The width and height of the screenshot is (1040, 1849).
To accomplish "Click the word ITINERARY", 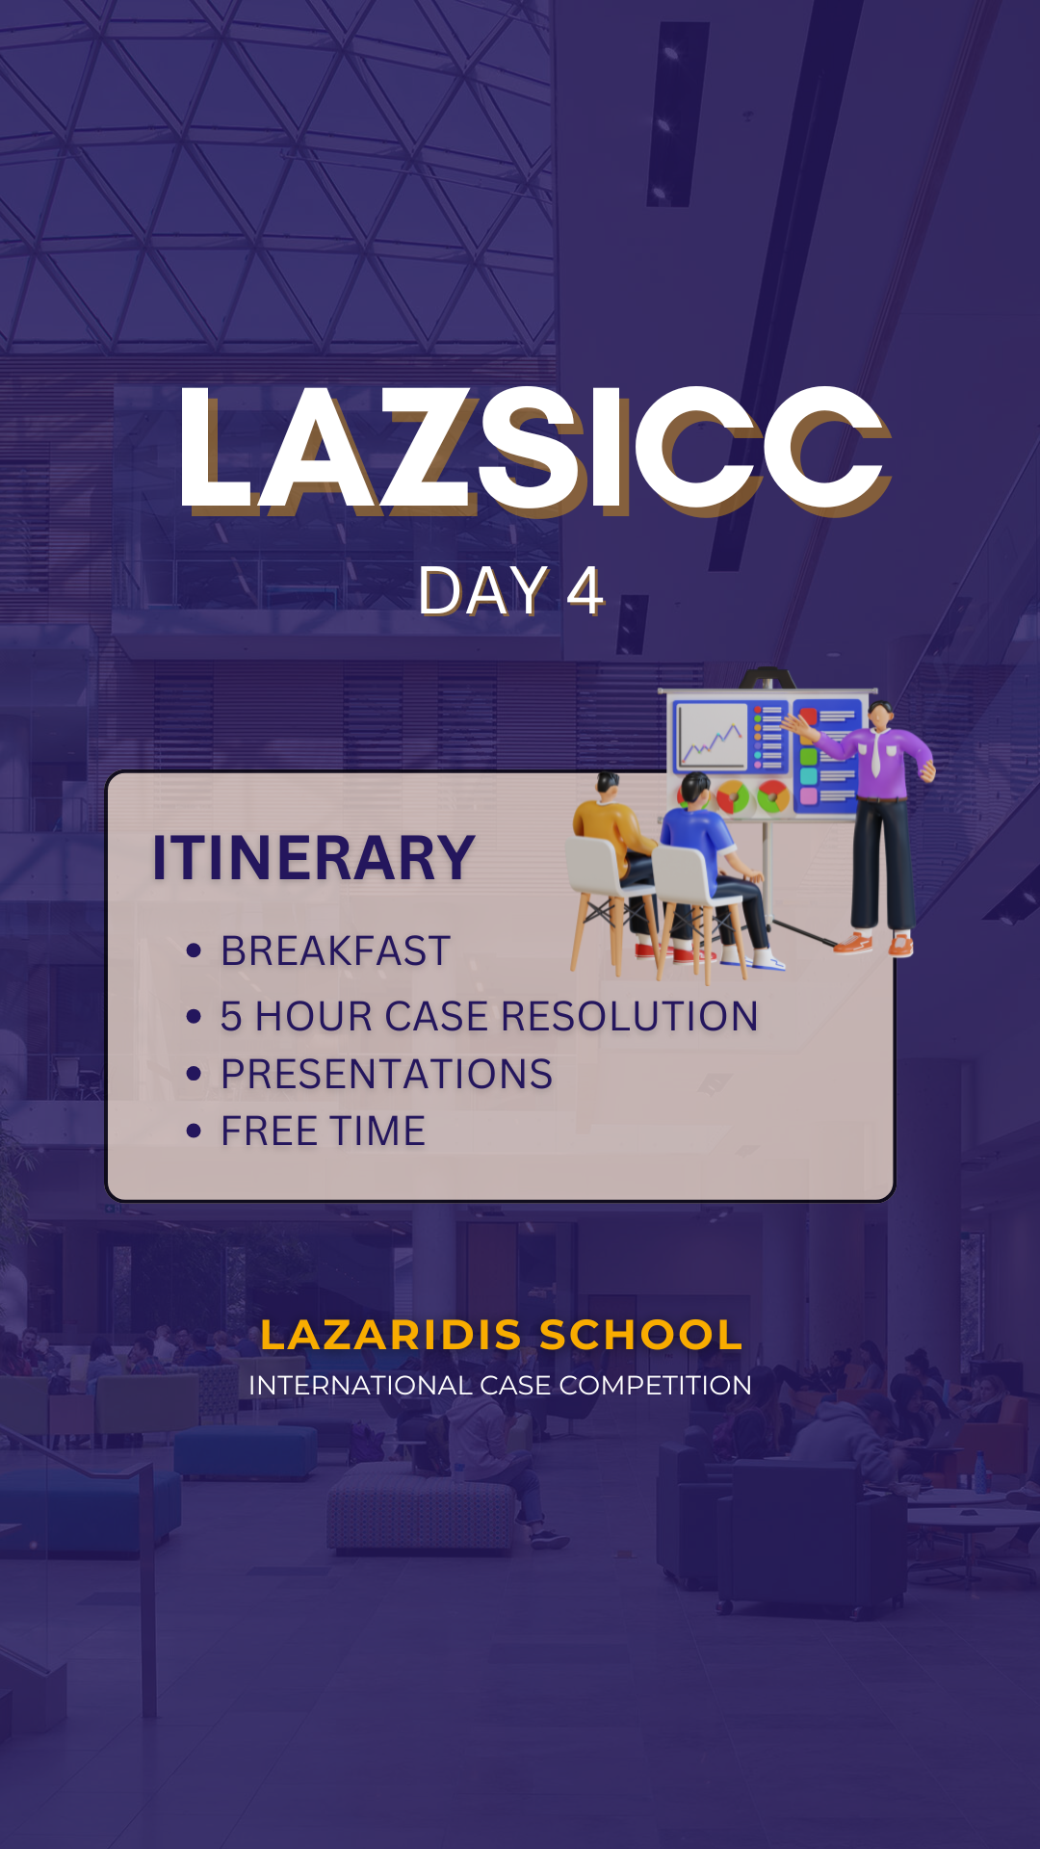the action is (x=313, y=858).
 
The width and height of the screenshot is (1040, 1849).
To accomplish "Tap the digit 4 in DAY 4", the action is (x=585, y=590).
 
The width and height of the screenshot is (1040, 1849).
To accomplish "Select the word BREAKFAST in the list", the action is (x=335, y=951).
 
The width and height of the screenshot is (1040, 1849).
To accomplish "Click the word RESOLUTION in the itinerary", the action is (x=630, y=1017).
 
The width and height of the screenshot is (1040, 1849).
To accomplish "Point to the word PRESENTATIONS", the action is (x=387, y=1074).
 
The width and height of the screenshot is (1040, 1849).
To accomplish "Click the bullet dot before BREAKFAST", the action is (x=194, y=951).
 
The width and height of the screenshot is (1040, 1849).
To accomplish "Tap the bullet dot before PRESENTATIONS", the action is (x=194, y=1074).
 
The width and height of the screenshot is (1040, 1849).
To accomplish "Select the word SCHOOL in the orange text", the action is (x=641, y=1335).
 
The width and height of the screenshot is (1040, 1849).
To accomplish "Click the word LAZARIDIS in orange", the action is (x=391, y=1335).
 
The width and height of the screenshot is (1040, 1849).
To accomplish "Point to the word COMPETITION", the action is (x=655, y=1385).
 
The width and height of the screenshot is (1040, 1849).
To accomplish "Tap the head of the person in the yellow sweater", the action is (x=607, y=785).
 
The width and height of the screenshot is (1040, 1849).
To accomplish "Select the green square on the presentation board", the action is (x=809, y=756).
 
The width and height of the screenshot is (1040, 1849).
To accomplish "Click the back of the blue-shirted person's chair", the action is (x=683, y=872).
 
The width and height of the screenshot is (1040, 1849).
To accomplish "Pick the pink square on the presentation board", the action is (x=809, y=795).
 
